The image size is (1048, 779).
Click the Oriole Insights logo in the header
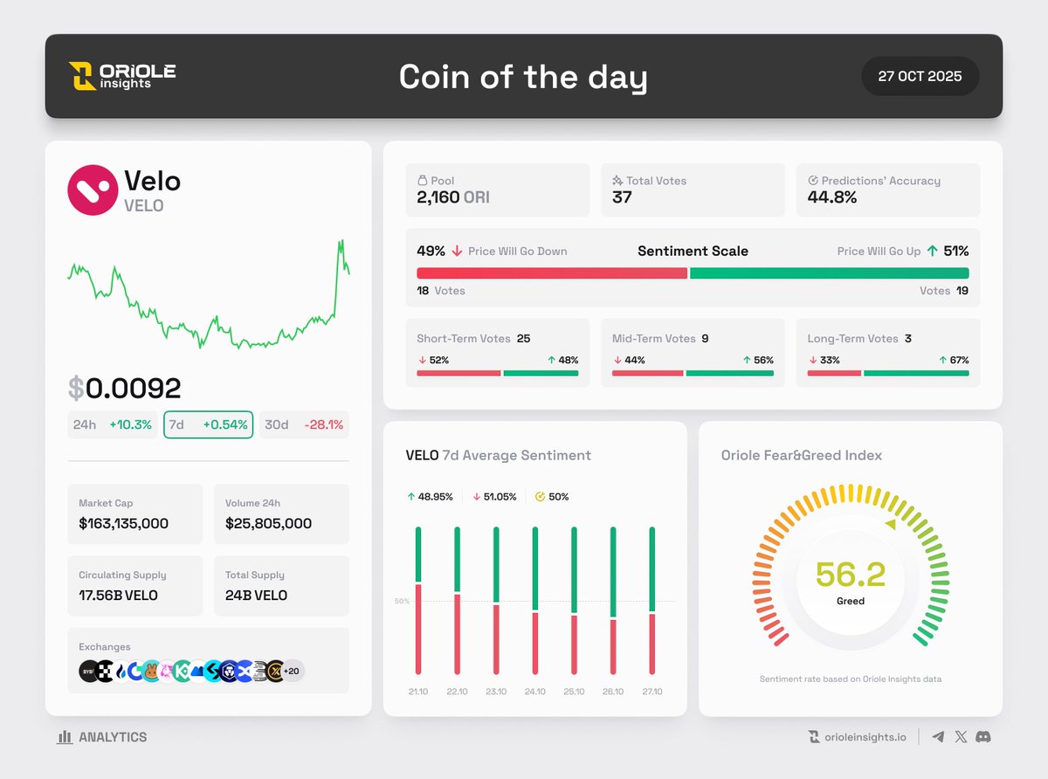[122, 76]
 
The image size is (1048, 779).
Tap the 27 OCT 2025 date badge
[920, 76]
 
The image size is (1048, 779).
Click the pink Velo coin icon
[93, 190]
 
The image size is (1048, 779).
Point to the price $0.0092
[124, 389]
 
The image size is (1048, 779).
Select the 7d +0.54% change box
[209, 424]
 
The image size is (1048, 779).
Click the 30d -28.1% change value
[323, 424]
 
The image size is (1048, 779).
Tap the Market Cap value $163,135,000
[123, 523]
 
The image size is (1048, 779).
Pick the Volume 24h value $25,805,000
[268, 523]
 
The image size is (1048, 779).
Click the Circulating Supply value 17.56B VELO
[118, 595]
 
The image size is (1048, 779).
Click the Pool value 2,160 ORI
[452, 197]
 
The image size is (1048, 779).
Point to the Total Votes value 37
[622, 197]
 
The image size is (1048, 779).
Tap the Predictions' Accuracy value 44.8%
[826, 197]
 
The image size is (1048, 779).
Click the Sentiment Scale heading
[693, 251]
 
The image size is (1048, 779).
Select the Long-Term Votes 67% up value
[958, 360]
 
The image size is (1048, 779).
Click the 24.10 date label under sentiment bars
[534, 692]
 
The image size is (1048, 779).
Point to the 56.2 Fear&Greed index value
[850, 574]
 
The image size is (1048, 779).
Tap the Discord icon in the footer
[983, 737]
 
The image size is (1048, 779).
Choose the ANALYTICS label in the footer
[112, 737]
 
